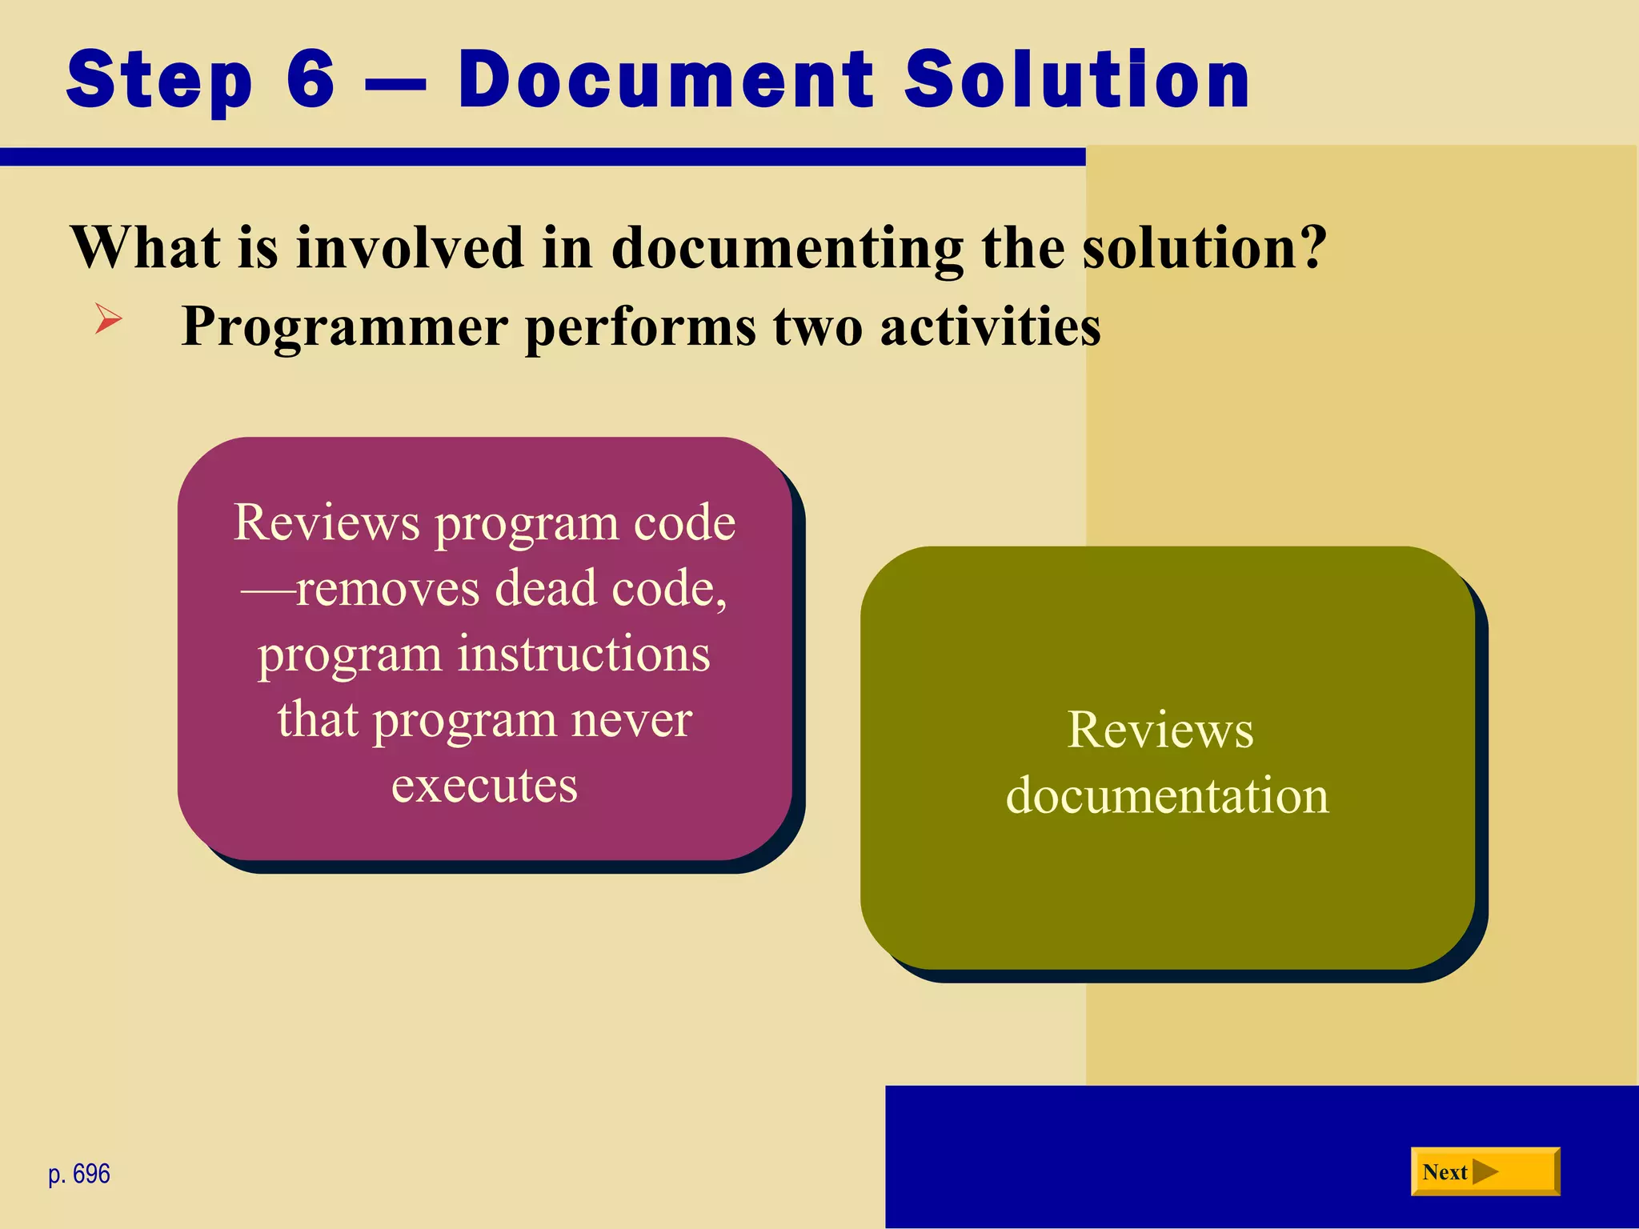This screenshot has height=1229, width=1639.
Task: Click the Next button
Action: [x=1485, y=1171]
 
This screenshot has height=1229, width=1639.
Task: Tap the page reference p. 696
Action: [x=79, y=1174]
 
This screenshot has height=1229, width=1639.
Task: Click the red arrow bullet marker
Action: [x=108, y=319]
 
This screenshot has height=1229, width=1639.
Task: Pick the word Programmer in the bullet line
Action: [x=345, y=326]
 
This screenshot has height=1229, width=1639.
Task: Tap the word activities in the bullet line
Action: [x=991, y=326]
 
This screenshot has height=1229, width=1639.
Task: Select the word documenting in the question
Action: [x=787, y=248]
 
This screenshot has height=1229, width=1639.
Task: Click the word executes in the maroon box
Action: [x=484, y=785]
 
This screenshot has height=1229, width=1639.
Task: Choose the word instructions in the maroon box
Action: [x=583, y=654]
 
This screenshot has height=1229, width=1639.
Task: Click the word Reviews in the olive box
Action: [x=1160, y=730]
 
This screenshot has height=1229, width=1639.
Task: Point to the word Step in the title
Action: [x=160, y=80]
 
